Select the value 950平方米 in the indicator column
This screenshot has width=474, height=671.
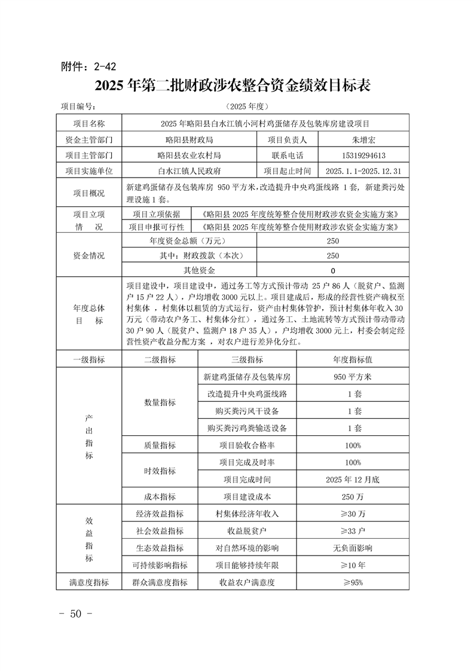pos(353,377)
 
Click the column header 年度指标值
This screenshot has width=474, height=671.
pos(353,359)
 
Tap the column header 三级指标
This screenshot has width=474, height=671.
pos(247,359)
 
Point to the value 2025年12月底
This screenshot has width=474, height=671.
pos(353,480)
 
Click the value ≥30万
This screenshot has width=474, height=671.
pos(353,514)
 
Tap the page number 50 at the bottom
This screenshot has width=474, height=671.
pos(75,614)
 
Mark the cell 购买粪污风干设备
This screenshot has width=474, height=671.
pos(247,411)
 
